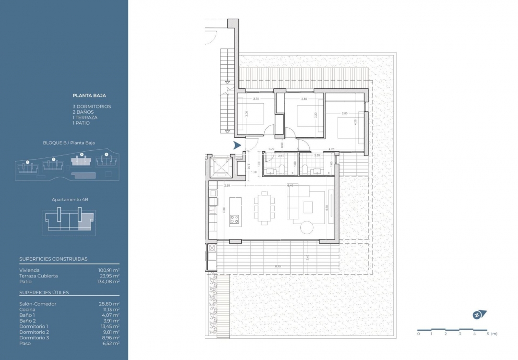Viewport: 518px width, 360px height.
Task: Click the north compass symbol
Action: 478,315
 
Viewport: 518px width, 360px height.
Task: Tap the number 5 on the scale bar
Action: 488,334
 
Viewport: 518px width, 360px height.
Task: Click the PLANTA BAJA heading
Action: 89,96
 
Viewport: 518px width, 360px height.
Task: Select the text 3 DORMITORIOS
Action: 92,107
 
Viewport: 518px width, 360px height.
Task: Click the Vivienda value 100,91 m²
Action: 109,270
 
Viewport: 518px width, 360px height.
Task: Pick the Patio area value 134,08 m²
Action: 109,282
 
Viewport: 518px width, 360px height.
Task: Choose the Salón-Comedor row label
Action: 38,304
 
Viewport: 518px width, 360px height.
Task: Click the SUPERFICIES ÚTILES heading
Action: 44,292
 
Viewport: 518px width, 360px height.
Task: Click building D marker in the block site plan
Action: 27,162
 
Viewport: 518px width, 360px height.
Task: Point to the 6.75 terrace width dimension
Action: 278,266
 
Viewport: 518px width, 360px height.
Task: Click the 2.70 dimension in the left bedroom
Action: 256,99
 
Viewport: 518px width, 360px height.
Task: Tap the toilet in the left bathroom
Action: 283,168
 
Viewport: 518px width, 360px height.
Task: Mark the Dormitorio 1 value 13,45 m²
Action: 110,326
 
